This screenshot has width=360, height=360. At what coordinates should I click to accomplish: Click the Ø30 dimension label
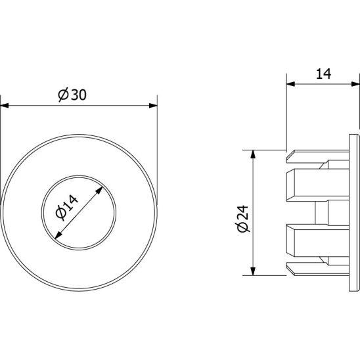tap(72, 95)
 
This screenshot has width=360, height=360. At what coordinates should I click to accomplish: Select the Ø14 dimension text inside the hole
tap(67, 208)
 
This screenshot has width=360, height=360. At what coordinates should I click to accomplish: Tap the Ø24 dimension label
tap(242, 219)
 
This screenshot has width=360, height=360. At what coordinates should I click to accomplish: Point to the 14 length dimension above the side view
tap(323, 74)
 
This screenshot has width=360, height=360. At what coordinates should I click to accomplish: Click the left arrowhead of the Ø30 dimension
tap(5, 106)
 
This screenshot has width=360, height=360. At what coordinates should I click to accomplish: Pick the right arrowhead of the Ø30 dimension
tap(153, 106)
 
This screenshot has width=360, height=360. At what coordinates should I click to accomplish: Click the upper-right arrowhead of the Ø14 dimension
tap(99, 191)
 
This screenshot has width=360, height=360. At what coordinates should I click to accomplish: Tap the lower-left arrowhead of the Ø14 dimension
tap(58, 235)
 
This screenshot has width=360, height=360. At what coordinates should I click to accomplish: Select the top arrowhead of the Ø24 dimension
tap(253, 154)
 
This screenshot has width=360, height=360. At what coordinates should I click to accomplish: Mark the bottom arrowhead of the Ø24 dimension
tap(253, 271)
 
